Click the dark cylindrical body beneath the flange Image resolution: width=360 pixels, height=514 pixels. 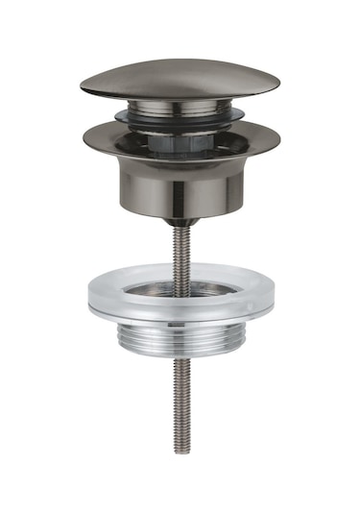180,183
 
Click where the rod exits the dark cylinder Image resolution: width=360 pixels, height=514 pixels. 180,219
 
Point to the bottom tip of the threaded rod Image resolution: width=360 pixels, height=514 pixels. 180,451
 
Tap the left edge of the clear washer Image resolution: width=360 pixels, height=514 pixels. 89,297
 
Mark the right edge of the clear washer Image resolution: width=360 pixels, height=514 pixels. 271,297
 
